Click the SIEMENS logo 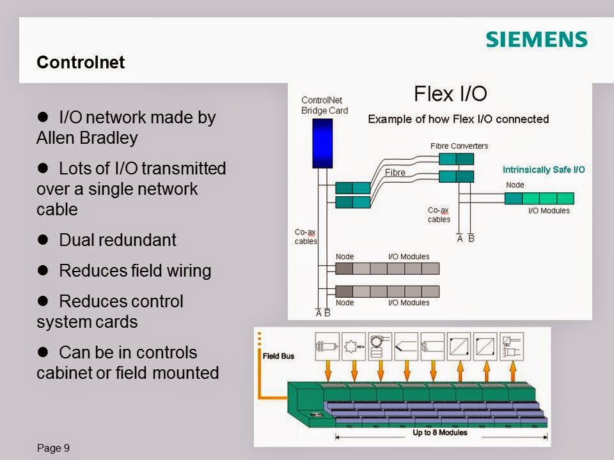coord(536,40)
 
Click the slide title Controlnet coord(81,63)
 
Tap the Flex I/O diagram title coord(450,95)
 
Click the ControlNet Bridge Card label coord(324,105)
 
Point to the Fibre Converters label coord(459,146)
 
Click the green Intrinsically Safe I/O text coord(543,170)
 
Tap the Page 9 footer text coord(54,448)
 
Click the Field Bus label coord(278,356)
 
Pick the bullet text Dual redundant coord(117,240)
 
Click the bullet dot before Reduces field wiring coord(44,271)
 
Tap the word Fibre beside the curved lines coord(395,172)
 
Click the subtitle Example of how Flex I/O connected coord(458,119)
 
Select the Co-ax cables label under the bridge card coord(305,237)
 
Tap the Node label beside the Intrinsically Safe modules coord(515,185)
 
